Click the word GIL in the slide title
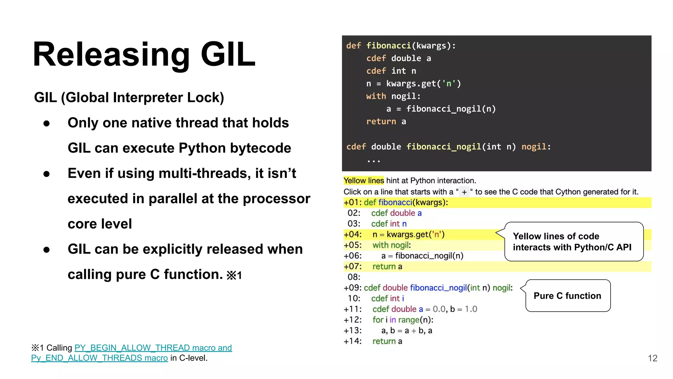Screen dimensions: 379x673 click(228, 54)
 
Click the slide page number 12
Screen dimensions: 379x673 click(652, 358)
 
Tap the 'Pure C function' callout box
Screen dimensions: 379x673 click(568, 296)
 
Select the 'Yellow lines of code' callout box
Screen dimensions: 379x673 click(573, 242)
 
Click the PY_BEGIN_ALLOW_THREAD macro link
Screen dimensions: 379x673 click(153, 348)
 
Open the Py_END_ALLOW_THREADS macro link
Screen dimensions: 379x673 click(99, 358)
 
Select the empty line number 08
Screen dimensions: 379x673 click(354, 277)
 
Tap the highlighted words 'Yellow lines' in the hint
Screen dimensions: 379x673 click(363, 181)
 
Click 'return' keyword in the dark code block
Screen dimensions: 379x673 click(381, 122)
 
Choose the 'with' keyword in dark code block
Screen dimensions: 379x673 click(376, 96)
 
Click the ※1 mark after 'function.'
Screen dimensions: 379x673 click(234, 275)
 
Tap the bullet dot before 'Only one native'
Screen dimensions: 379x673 click(47, 123)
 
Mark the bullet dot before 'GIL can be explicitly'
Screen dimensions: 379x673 click(47, 250)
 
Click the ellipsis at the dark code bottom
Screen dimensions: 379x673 click(374, 161)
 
